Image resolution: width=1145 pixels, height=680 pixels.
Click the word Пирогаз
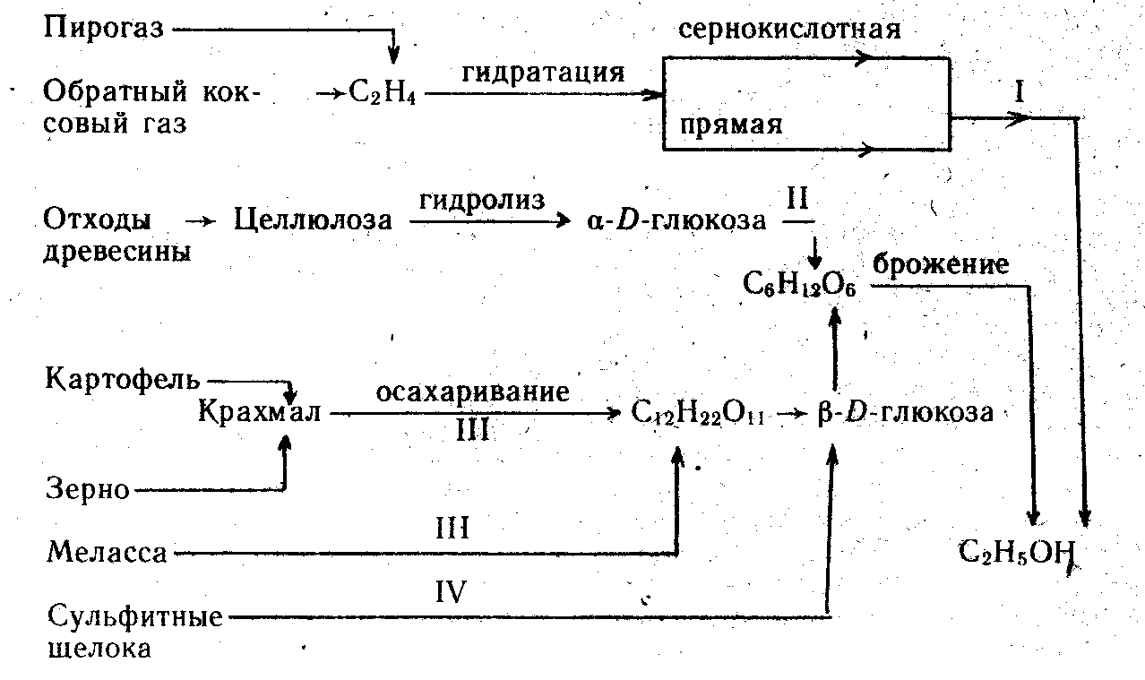click(104, 29)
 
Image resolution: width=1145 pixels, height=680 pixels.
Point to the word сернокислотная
click(789, 30)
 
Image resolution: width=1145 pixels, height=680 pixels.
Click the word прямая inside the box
click(730, 125)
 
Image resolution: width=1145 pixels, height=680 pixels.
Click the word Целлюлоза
click(313, 219)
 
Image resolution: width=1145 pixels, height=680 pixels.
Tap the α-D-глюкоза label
click(677, 219)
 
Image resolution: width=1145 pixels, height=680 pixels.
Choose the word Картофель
click(124, 378)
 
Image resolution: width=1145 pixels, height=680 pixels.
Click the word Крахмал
click(260, 413)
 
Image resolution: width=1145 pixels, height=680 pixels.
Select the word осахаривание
click(473, 392)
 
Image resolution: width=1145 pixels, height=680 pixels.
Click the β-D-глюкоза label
click(906, 413)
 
